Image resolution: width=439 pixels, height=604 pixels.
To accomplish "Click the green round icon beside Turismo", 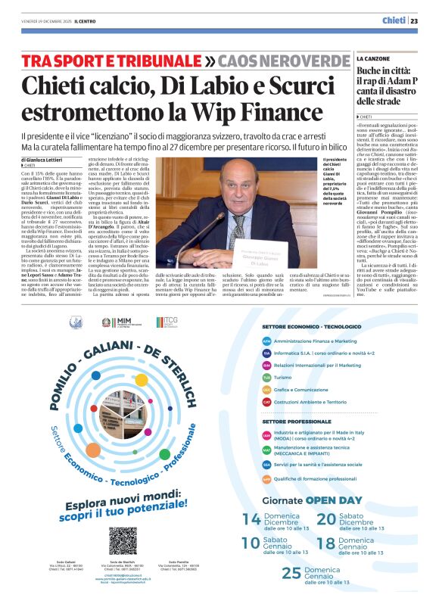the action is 266,377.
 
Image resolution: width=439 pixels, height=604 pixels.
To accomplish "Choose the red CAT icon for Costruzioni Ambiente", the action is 266,402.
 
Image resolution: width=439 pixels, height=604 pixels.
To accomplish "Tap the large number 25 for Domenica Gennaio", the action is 291,573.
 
